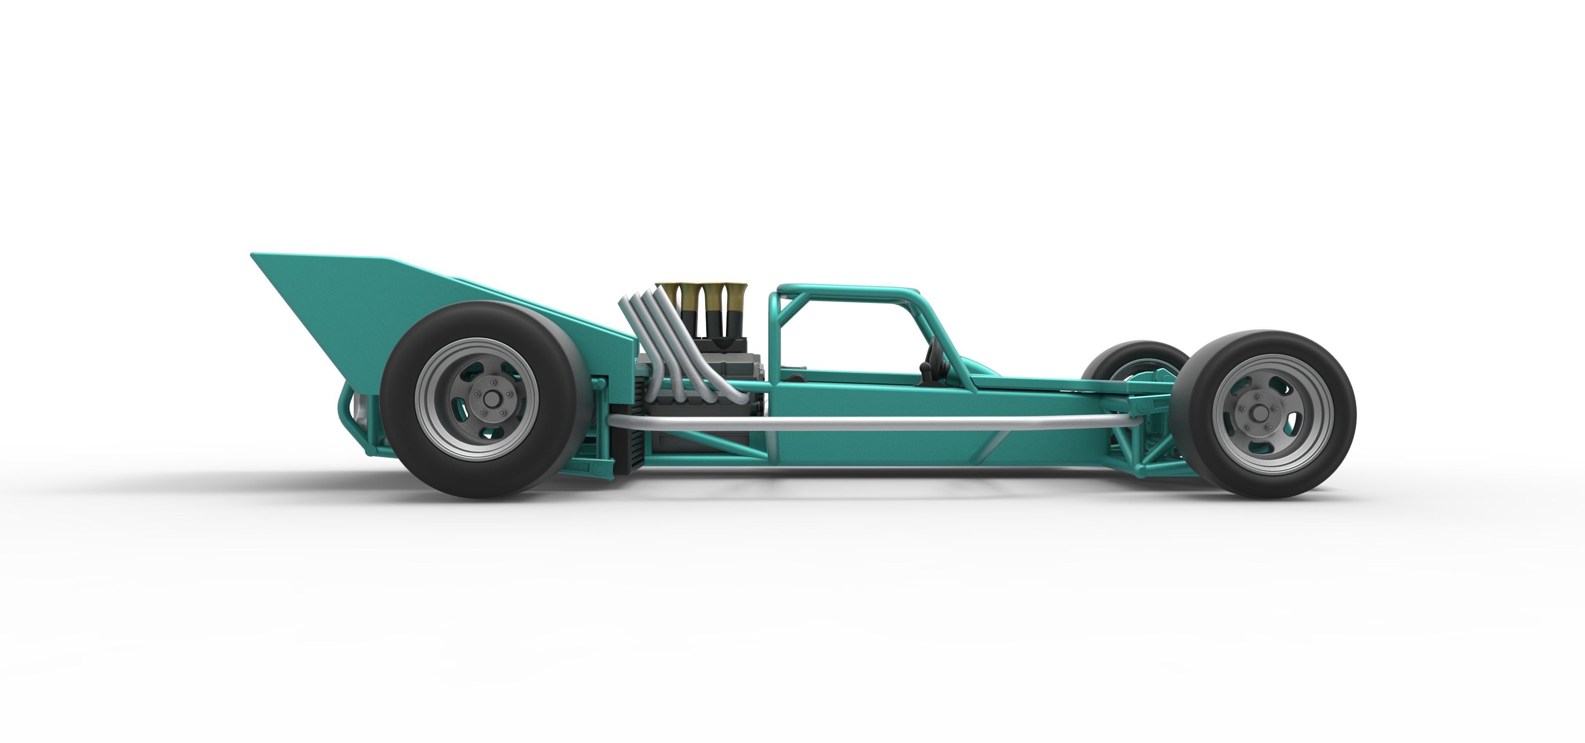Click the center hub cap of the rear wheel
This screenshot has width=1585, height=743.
[x=490, y=399]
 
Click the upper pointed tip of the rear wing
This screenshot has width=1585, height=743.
[x=254, y=254]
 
